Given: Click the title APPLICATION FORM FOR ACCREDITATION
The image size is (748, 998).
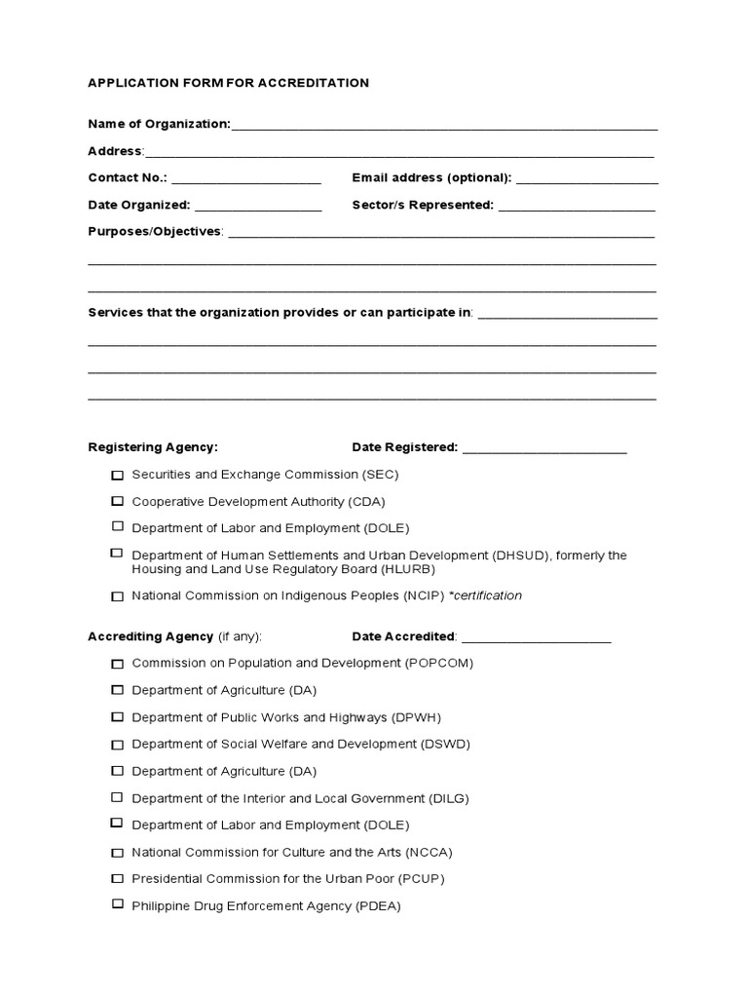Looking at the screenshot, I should tap(228, 83).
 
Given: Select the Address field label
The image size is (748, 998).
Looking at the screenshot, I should tap(115, 151).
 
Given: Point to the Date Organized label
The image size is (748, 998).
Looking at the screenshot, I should tap(138, 206).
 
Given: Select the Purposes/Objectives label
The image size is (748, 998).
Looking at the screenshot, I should tap(155, 232).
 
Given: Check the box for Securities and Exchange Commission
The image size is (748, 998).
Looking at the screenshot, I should tap(117, 476).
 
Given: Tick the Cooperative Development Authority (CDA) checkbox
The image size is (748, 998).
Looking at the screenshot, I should tap(117, 501).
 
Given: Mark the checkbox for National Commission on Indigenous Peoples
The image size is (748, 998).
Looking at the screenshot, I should tap(117, 596).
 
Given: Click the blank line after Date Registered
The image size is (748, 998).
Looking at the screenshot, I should tap(544, 450).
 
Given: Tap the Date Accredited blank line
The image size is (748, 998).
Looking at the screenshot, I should tap(536, 639).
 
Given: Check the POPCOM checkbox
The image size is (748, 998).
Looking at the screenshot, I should tap(117, 664).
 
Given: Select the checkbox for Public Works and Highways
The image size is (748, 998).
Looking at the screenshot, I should tap(117, 717).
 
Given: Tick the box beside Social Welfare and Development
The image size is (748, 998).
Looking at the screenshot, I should tap(117, 745).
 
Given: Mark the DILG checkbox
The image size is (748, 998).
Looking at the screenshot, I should tap(117, 798).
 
